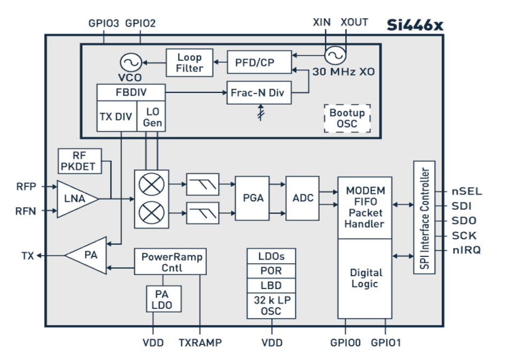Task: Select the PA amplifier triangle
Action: tap(87, 256)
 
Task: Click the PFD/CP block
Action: tap(259, 62)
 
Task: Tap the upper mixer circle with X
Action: tap(150, 185)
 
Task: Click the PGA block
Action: tap(253, 198)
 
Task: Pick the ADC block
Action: tap(302, 198)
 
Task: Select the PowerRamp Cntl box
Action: tap(169, 261)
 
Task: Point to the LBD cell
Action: tap(271, 285)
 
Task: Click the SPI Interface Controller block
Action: tap(424, 218)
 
